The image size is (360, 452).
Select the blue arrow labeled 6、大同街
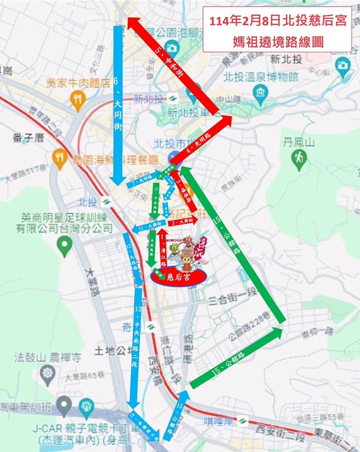point(117,104)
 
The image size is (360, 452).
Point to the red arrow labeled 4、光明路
point(200,140)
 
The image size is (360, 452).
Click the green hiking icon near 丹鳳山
point(300,159)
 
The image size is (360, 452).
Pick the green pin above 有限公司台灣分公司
point(65,245)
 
